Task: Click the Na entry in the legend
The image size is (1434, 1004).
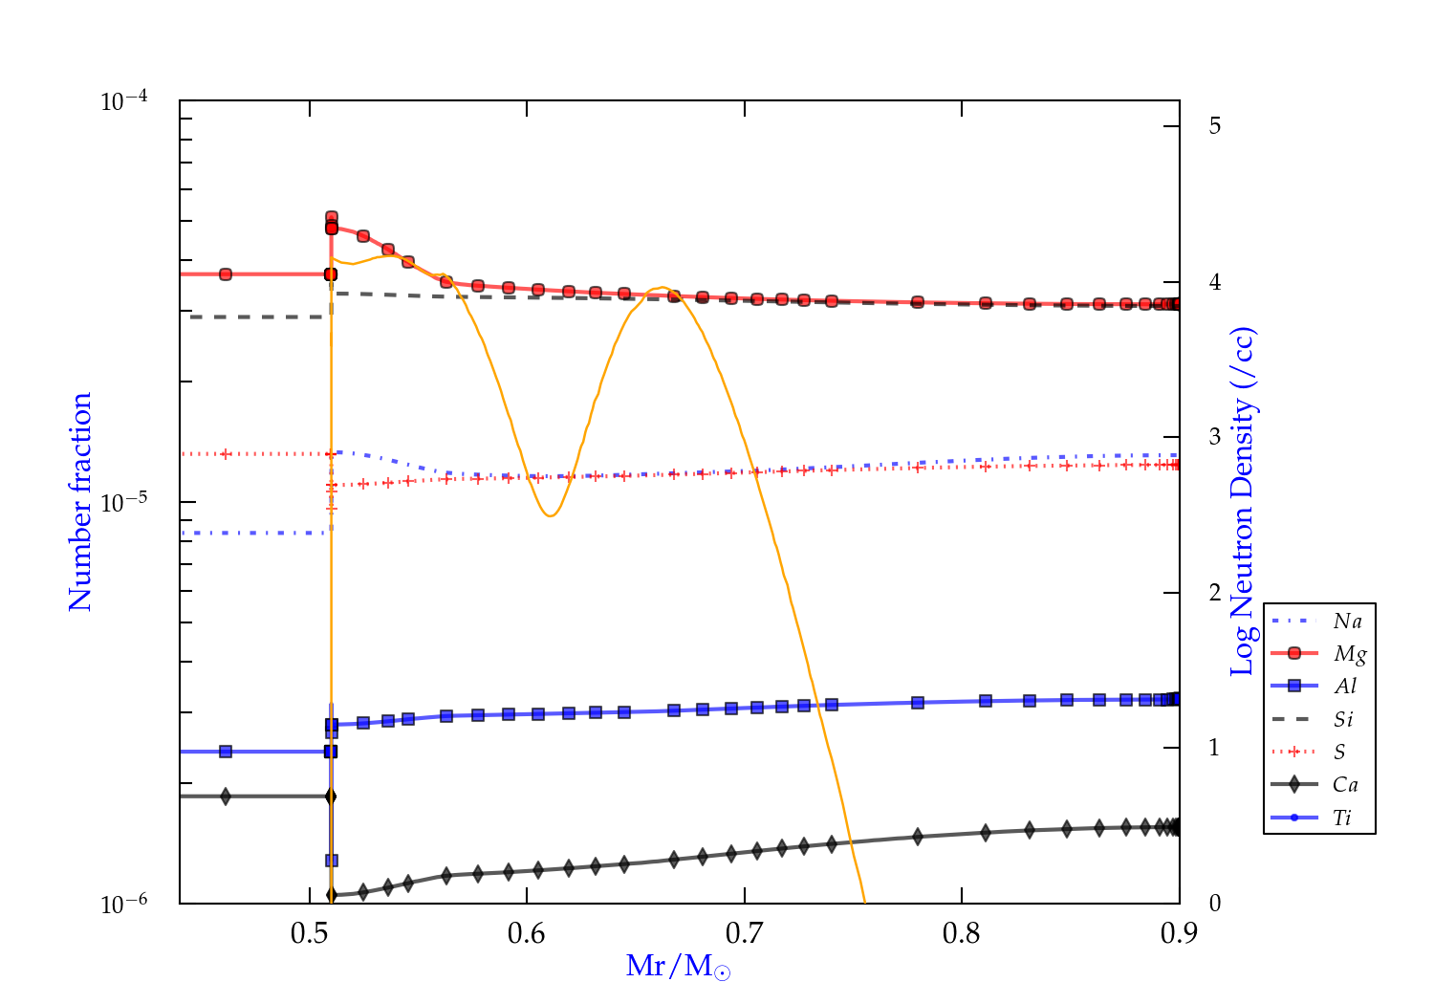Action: (1347, 622)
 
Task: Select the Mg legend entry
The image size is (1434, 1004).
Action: (1349, 654)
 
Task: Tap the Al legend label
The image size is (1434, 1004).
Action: (1345, 687)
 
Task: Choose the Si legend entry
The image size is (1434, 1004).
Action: (1343, 719)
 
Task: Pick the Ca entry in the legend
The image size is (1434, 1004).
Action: (1345, 785)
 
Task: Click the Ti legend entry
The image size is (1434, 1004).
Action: (1342, 818)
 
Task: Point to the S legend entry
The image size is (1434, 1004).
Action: (1339, 753)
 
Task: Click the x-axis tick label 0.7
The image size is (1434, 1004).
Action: (744, 933)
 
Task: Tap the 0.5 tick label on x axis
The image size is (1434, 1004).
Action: (310, 933)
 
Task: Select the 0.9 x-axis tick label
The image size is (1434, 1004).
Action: (1179, 933)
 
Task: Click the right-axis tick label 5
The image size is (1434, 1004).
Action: (1214, 126)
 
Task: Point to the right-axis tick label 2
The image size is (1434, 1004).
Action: (1214, 593)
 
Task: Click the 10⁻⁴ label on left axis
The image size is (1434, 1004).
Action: (124, 101)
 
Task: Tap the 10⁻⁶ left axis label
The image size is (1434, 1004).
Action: (124, 905)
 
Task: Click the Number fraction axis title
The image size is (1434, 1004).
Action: (80, 502)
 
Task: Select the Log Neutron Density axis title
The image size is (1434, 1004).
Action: (1242, 502)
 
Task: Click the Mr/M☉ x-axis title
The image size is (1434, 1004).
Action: (678, 967)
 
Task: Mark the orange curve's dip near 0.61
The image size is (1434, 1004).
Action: (550, 516)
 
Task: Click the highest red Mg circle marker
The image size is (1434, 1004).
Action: (332, 218)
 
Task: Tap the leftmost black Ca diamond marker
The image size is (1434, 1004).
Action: (226, 797)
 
